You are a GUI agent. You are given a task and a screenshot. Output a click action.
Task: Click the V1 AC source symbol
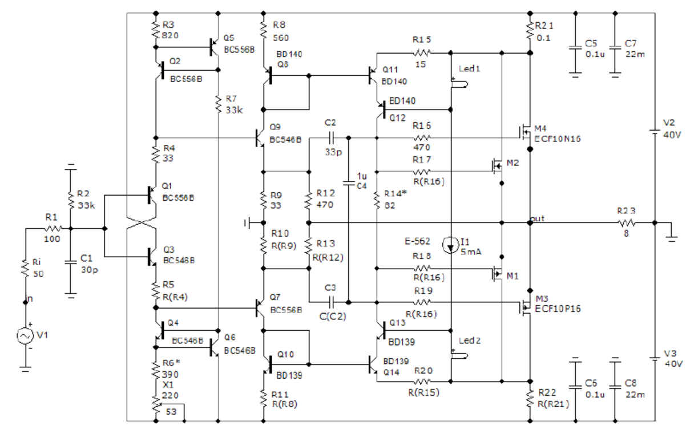pyautogui.click(x=25, y=336)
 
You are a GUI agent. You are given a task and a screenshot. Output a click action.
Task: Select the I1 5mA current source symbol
pyautogui.click(x=450, y=246)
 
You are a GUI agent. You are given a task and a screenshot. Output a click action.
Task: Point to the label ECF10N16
pyautogui.click(x=555, y=137)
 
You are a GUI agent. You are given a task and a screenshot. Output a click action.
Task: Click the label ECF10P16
pyautogui.click(x=555, y=307)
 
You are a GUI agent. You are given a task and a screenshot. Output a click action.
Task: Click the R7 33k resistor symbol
pyautogui.click(x=218, y=104)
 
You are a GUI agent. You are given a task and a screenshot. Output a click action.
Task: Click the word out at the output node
pyautogui.click(x=537, y=218)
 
